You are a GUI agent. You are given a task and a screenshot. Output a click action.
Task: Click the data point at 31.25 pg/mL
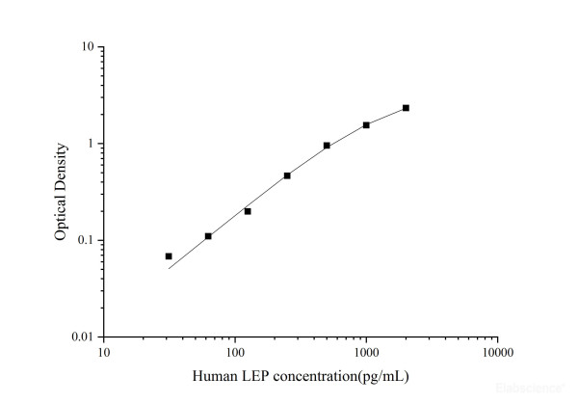click(169, 256)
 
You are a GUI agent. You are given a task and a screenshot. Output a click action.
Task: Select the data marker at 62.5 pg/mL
click(208, 236)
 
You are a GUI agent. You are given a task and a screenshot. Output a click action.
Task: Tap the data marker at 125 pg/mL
click(248, 211)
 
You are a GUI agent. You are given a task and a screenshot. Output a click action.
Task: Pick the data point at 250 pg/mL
click(287, 175)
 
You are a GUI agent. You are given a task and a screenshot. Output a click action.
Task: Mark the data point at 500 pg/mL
click(327, 146)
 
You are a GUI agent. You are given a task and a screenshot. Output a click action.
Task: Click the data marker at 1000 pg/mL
click(366, 125)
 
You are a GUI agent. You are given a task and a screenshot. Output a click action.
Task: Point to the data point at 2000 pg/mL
click(406, 108)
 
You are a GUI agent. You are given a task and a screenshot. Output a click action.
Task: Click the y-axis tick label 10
click(87, 47)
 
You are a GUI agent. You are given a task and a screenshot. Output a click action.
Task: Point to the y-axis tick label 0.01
click(82, 337)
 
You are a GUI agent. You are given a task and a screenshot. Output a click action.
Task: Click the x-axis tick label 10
click(104, 353)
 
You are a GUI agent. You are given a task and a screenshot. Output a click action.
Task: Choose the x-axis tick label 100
click(234, 353)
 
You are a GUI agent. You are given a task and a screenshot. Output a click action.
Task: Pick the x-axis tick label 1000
click(365, 353)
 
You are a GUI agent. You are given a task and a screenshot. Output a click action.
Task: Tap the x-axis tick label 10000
click(496, 353)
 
